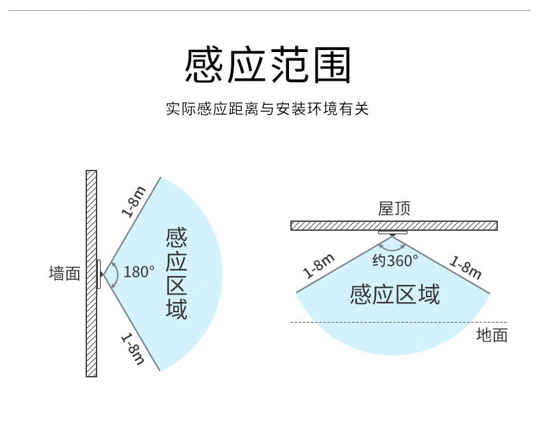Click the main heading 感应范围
click(268, 65)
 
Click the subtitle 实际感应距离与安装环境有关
click(267, 109)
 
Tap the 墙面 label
click(64, 273)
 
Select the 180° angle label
click(139, 272)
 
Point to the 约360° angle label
click(395, 261)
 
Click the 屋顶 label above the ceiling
click(394, 209)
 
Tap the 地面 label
click(492, 335)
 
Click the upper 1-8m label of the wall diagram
click(134, 202)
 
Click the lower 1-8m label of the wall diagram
click(133, 349)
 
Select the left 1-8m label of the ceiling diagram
click(319, 266)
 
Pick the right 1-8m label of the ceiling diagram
click(466, 266)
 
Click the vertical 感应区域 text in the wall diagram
click(176, 273)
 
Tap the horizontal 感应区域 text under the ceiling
click(395, 295)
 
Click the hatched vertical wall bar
click(92, 273)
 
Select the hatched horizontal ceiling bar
click(394, 225)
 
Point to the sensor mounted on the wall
click(99, 274)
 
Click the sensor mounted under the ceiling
click(392, 233)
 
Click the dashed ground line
click(399, 322)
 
